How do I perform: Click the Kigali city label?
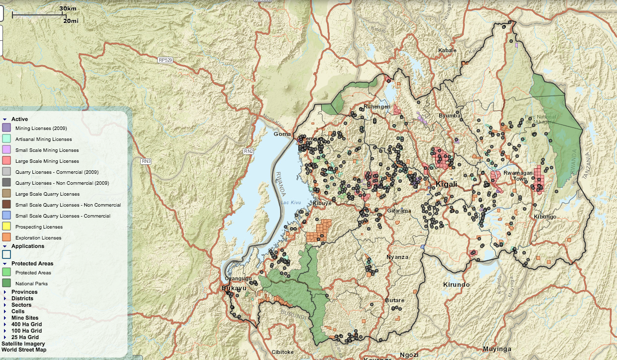[446, 185]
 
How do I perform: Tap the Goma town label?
[282, 134]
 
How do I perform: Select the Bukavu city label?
[231, 288]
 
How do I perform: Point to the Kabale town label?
[447, 50]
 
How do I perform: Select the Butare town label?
[394, 300]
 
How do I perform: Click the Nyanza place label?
[397, 257]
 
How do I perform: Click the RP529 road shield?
[165, 60]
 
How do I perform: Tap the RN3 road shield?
[145, 161]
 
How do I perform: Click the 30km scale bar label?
[68, 8]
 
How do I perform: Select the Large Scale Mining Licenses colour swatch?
[6, 161]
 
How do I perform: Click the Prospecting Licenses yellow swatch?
[6, 227]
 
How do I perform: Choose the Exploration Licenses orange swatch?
[6, 238]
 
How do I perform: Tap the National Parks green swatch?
[6, 283]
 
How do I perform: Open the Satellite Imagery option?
[23, 344]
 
